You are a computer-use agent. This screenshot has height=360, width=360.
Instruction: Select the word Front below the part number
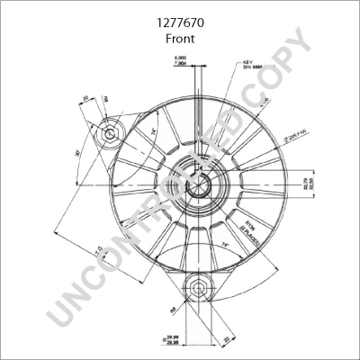click(x=180, y=40)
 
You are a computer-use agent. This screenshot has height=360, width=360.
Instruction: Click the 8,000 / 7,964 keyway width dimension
click(x=181, y=61)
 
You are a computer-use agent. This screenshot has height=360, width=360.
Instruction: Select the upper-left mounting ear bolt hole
click(x=110, y=134)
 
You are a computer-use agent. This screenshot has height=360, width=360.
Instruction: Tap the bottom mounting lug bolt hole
click(x=195, y=289)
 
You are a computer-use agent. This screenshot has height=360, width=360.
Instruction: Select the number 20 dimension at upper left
click(x=85, y=98)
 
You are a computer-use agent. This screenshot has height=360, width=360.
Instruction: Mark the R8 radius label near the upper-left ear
click(x=105, y=99)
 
